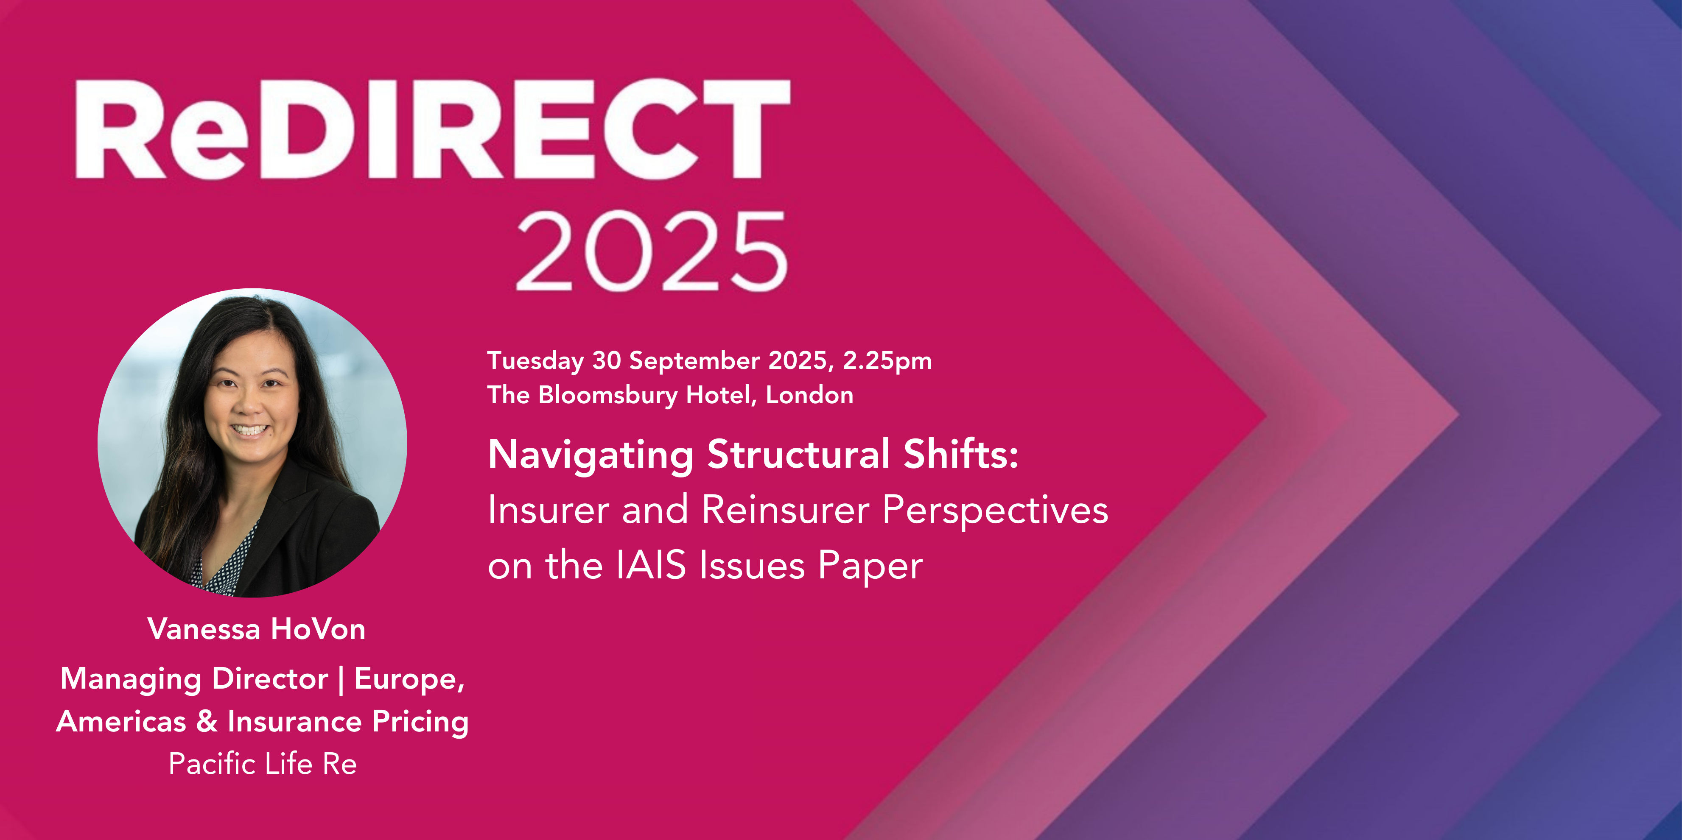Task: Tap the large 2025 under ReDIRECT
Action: point(652,252)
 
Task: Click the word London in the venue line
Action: point(810,395)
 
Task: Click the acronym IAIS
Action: point(651,565)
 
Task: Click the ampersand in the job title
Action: point(207,721)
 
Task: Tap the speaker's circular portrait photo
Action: point(252,443)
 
